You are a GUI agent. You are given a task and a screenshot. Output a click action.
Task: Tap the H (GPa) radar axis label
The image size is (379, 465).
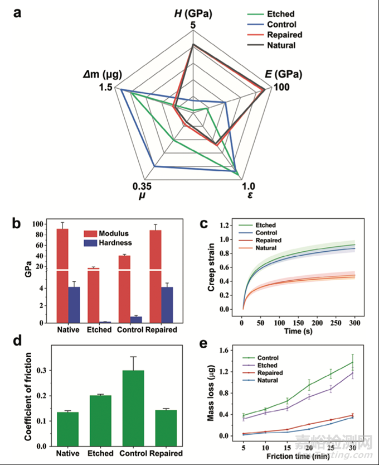(x=193, y=12)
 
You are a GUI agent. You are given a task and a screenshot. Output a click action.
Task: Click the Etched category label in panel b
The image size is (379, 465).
(x=100, y=329)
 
